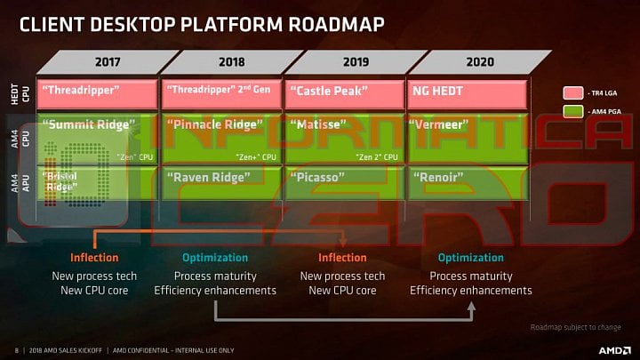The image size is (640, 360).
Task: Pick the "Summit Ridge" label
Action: [x=89, y=125]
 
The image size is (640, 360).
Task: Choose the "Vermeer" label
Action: [x=442, y=125]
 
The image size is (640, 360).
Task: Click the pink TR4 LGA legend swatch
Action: [x=573, y=92]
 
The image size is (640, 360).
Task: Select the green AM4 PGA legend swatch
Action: [x=573, y=110]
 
